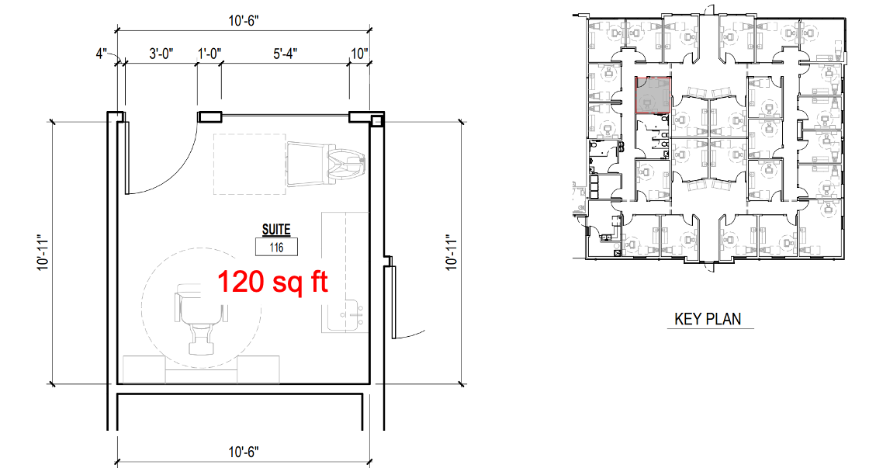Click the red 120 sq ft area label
[x=272, y=281]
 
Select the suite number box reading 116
[x=276, y=247]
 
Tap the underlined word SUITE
[x=276, y=230]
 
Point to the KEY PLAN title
[x=708, y=319]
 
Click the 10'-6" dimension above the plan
[x=244, y=21]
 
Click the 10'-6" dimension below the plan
[x=244, y=452]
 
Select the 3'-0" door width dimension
[x=161, y=54]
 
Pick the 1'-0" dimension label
[x=209, y=54]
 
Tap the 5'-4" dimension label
[x=285, y=54]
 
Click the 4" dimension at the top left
[x=101, y=54]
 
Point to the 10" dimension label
[x=359, y=54]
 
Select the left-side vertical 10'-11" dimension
[x=43, y=253]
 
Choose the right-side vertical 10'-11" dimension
[x=452, y=253]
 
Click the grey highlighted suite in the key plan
[x=653, y=95]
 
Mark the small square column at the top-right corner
[x=376, y=120]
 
